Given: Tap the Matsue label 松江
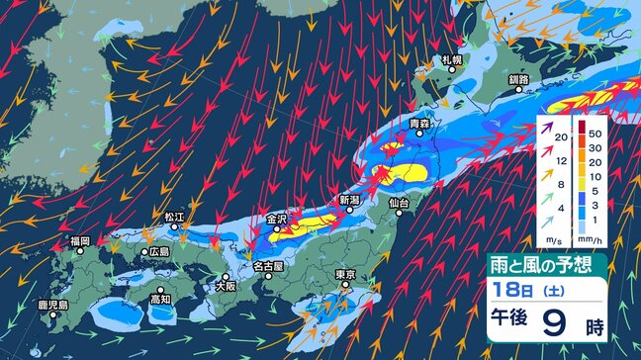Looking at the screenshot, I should pyautogui.click(x=175, y=214).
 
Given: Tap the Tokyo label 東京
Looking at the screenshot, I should pyautogui.click(x=345, y=274).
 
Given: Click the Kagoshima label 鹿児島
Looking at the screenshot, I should pyautogui.click(x=52, y=305).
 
